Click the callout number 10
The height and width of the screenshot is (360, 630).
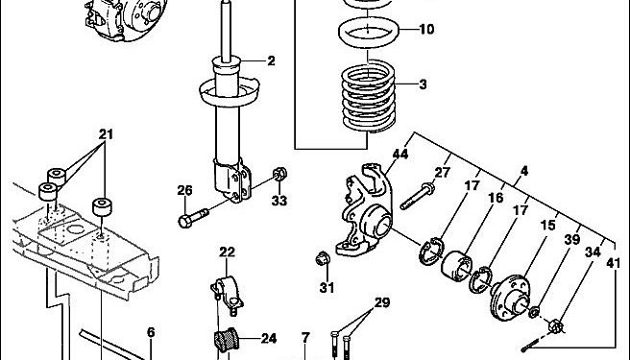coord(426,30)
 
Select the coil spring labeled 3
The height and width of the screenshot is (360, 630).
coord(368,96)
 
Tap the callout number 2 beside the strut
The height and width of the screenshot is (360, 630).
coord(271,61)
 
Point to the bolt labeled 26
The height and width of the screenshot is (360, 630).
coord(193,218)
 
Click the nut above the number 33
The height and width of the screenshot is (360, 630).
coord(279,174)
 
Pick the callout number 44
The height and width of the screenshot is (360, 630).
coord(400,154)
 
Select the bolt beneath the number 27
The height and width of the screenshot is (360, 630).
coord(418,196)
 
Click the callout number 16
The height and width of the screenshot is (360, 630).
coord(496,198)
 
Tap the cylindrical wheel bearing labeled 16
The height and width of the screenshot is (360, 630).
coord(456,264)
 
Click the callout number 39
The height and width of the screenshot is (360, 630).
coord(572,239)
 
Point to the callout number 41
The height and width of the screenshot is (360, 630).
coord(613,264)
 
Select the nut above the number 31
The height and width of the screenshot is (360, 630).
coord(323,258)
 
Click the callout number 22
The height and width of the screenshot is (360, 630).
coord(227,252)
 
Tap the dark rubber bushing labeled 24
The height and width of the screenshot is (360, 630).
coord(226,340)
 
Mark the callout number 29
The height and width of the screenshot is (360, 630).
coord(382,302)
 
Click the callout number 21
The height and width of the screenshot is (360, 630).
coord(106,134)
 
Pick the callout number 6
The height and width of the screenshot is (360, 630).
coord(151,332)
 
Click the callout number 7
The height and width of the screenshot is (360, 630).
coord(305,338)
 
